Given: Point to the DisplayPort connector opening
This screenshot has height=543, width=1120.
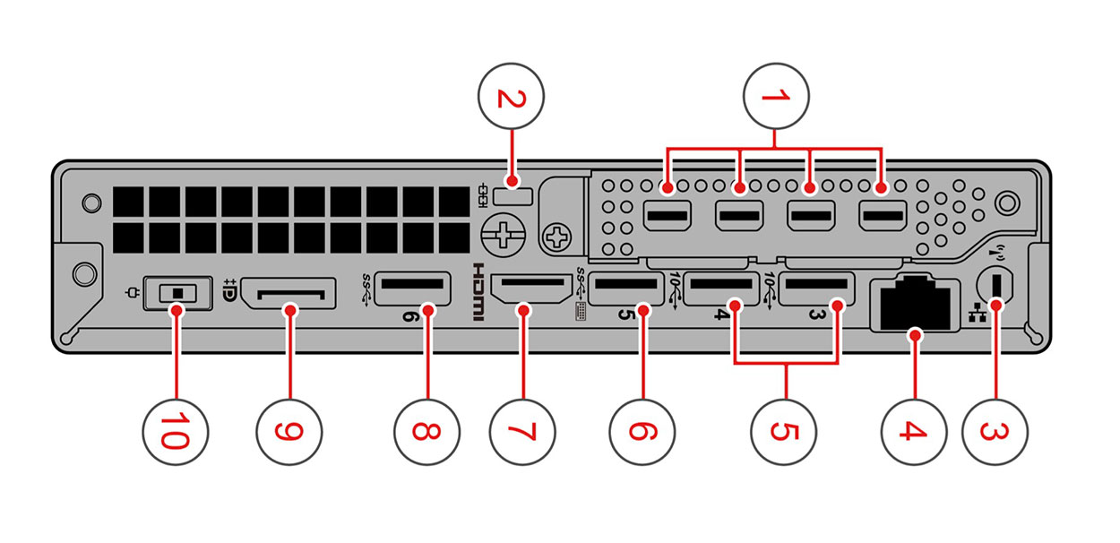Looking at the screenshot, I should click(x=289, y=293).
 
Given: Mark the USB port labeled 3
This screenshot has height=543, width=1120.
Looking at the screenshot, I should click(x=814, y=290).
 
